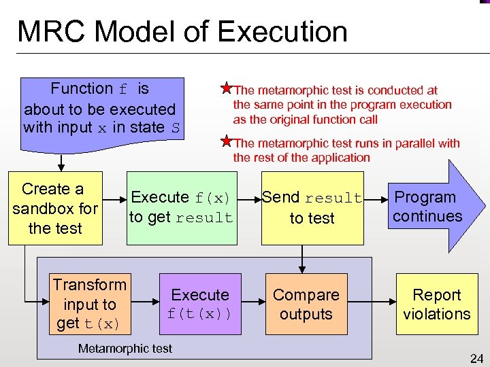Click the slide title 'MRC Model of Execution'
pyautogui.click(x=182, y=32)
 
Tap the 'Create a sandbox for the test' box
pyautogui.click(x=55, y=208)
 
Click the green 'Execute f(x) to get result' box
pyautogui.click(x=182, y=207)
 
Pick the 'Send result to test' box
pyautogui.click(x=312, y=207)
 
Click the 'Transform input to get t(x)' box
pyautogui.click(x=90, y=303)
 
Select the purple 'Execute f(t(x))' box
pyautogui.click(x=200, y=303)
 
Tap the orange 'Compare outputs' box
pyautogui.click(x=306, y=303)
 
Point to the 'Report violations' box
pyautogui.click(x=437, y=303)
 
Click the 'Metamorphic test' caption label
pyautogui.click(x=125, y=349)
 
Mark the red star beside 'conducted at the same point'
pyautogui.click(x=225, y=88)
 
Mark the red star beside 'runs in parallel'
pyautogui.click(x=225, y=141)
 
